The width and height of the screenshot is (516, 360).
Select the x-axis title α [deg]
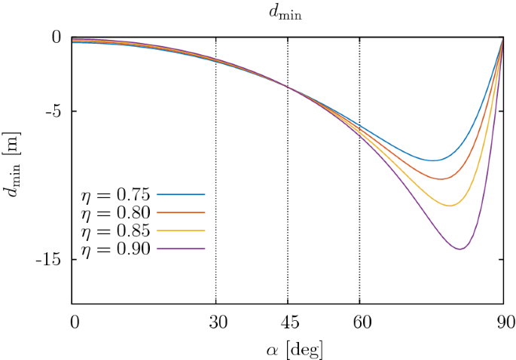pos(287,349)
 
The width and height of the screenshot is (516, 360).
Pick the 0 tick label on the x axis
pos(73,323)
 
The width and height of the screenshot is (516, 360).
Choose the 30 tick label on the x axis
pos(216,323)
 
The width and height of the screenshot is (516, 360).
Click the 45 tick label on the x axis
pos(288,323)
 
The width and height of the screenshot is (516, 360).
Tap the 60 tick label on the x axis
pos(359,323)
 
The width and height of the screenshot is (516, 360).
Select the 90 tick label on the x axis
pos(503,323)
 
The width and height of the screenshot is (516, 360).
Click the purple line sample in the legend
pos(182,248)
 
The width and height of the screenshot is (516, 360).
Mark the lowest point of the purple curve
pos(460,249)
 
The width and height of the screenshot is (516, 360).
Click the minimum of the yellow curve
pos(450,206)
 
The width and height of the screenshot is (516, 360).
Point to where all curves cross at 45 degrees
pos(288,87)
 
